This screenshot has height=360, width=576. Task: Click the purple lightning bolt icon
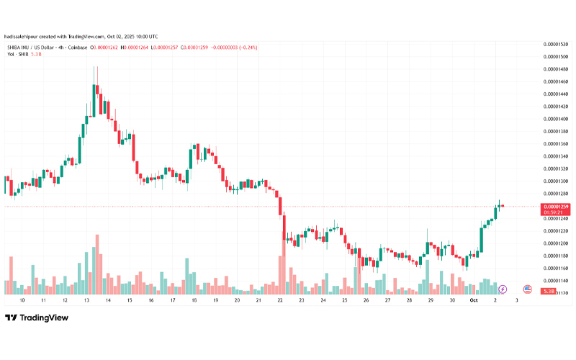pos(503,289)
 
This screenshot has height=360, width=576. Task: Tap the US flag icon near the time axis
pos(527,289)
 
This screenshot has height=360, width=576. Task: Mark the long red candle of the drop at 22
pos(281,223)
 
